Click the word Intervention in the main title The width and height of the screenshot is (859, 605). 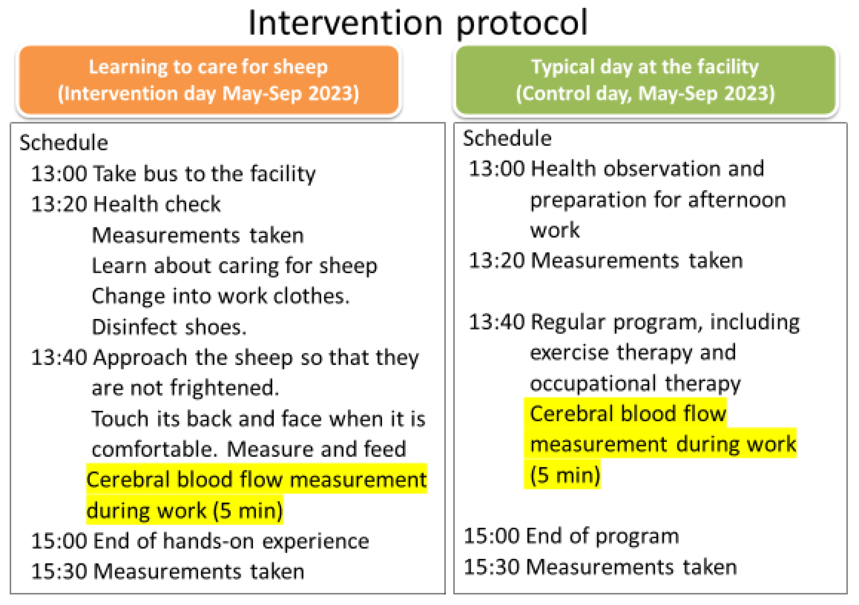[345, 23]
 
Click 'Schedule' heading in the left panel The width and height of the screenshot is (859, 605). [64, 143]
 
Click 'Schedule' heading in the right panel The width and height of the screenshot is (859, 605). [507, 138]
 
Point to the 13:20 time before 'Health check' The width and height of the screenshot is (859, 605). [59, 204]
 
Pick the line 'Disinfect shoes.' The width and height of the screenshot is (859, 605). [169, 327]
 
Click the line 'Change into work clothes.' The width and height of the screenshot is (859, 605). [220, 297]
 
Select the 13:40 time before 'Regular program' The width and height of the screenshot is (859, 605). [496, 322]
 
